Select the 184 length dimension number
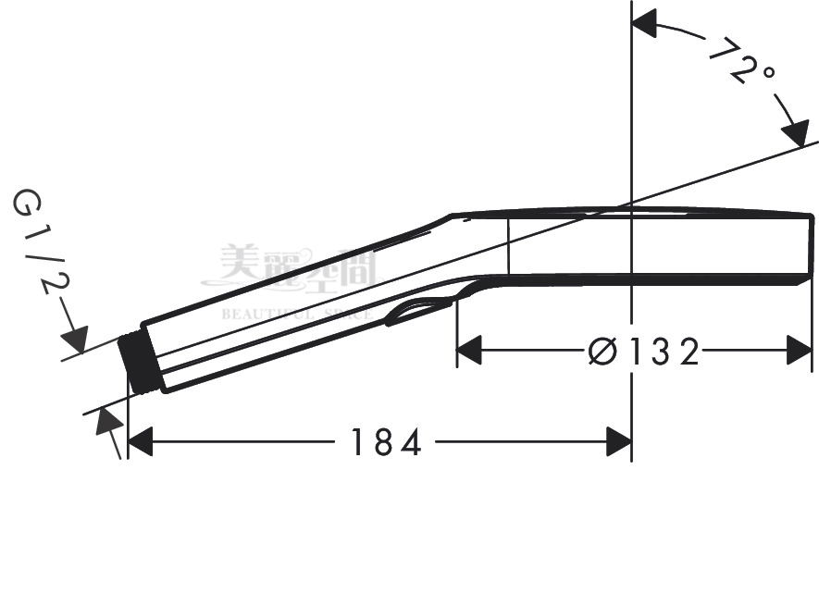385,443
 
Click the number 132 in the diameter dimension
663,352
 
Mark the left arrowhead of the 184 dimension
140,443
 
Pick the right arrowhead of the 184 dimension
618,443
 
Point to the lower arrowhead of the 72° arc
795,132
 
